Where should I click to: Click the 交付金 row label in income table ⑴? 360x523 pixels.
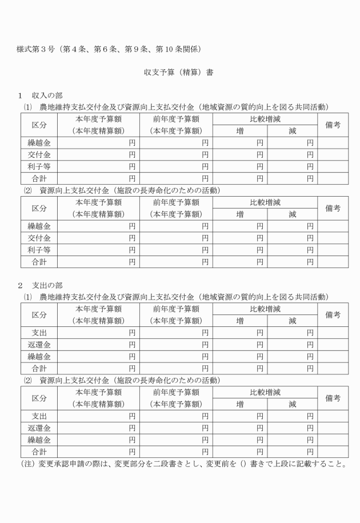tap(39, 154)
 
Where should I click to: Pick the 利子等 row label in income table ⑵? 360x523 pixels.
tap(39, 250)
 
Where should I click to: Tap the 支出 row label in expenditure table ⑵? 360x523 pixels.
tap(39, 416)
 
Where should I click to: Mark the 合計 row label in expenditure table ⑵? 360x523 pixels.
tap(39, 452)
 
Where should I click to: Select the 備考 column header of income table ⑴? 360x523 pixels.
tap(333, 125)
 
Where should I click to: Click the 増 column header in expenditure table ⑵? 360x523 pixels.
tap(241, 404)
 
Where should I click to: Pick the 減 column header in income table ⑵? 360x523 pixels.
tap(293, 214)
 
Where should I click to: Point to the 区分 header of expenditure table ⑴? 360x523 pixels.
tap(39, 315)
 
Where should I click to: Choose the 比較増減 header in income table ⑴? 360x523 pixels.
tap(266, 119)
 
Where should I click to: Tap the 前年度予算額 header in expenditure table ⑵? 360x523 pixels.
tap(175, 392)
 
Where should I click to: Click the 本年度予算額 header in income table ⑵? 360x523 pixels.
tap(98, 202)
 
